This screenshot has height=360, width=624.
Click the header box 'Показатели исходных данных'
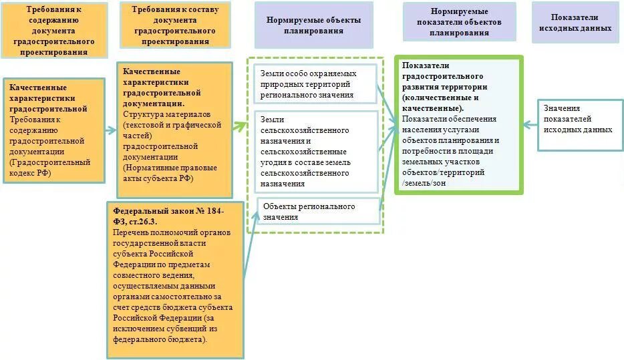575,23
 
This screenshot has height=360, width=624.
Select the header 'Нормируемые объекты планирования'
313,25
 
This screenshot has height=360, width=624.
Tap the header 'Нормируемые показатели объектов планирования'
459,21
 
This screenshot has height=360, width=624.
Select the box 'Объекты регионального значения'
318,211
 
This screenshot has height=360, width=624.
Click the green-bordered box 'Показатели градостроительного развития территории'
458,124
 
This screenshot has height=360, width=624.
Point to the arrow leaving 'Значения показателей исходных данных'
531,124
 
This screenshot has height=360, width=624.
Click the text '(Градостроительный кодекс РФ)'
49,168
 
